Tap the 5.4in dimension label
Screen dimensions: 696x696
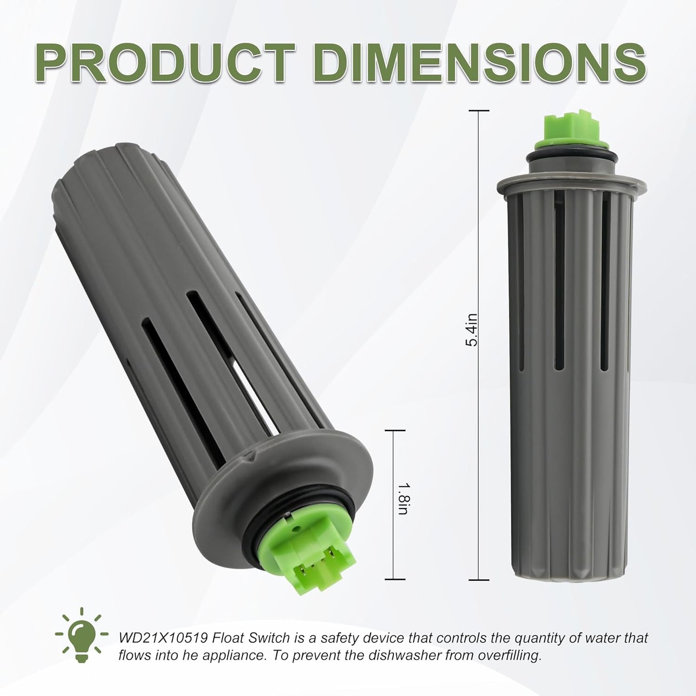(471, 330)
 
